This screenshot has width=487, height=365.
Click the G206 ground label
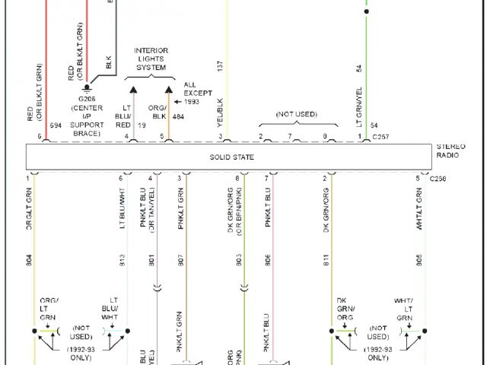91,100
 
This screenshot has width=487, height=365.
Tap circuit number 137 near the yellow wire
220,68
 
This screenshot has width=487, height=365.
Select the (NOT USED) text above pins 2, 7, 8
297,114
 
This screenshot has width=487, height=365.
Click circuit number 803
239,261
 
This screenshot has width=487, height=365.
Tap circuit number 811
326,261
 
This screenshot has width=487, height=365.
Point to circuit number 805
419,261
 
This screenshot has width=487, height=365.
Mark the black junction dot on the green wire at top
366,12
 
